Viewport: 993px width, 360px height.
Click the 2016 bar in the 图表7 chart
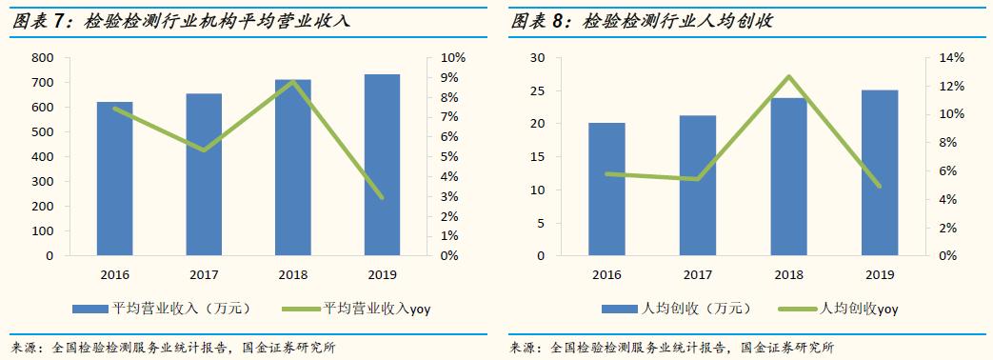114,179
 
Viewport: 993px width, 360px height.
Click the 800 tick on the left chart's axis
42,58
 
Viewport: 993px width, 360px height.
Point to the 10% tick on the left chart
451,58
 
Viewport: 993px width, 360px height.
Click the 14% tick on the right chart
951,58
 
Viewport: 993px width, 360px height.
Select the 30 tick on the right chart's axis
538,58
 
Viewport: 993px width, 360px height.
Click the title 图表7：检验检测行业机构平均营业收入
181,21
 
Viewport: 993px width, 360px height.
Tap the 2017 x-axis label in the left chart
204,275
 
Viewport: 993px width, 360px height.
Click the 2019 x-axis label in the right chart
879,275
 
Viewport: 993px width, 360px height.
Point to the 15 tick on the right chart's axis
538,157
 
